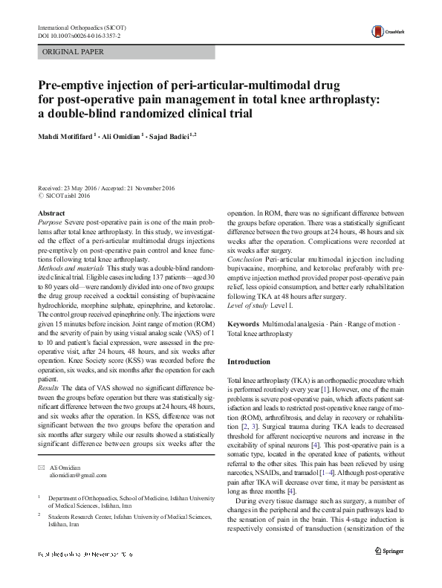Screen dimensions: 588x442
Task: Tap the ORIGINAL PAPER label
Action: point(73,51)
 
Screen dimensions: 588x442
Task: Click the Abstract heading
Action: point(51,213)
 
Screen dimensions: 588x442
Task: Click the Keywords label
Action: point(244,325)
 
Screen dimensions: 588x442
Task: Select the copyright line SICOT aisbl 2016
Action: point(65,196)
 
